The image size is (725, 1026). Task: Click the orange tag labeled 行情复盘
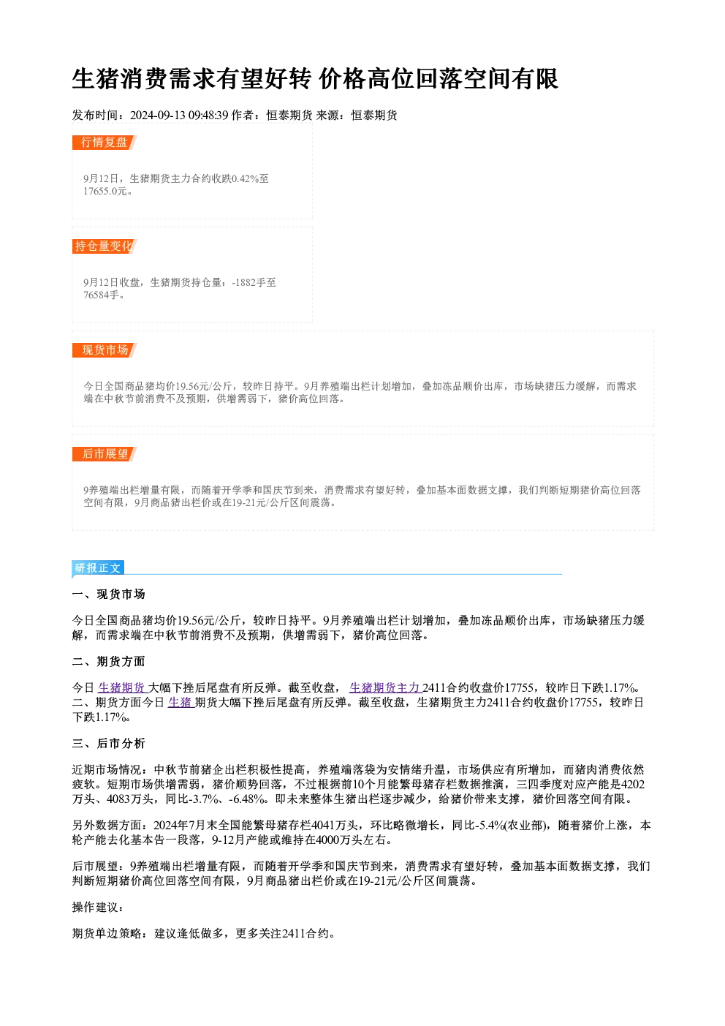pyautogui.click(x=104, y=143)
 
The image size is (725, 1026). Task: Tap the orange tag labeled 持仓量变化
pyautogui.click(x=104, y=246)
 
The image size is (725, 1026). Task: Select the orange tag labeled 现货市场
pyautogui.click(x=104, y=350)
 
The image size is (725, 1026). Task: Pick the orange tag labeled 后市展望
pyautogui.click(x=104, y=454)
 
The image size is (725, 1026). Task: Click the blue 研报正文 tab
pyautogui.click(x=98, y=568)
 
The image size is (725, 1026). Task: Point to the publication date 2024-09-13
pyautogui.click(x=158, y=116)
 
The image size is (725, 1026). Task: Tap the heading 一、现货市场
pyautogui.click(x=108, y=595)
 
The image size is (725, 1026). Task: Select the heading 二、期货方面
pyautogui.click(x=108, y=661)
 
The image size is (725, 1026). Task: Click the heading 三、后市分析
pyautogui.click(x=108, y=744)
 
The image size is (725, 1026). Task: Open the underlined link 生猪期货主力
pyautogui.click(x=385, y=688)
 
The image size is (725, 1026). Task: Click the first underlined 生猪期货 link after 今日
pyautogui.click(x=122, y=688)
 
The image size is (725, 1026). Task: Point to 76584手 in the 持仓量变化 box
pyautogui.click(x=101, y=295)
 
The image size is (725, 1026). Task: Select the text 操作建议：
pyautogui.click(x=98, y=908)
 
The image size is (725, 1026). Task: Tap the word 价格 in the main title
pyautogui.click(x=342, y=79)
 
